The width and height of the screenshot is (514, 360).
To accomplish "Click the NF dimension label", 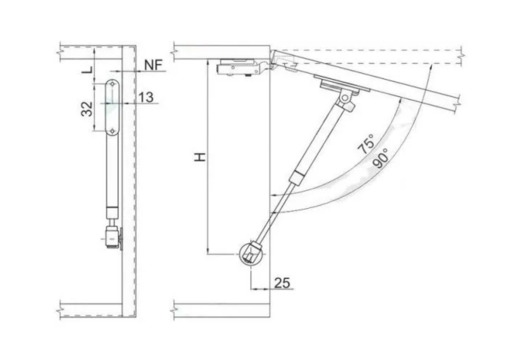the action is pyautogui.click(x=154, y=65).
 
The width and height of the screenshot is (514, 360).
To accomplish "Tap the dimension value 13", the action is pyautogui.click(x=145, y=97).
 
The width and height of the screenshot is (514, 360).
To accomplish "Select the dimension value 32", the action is pyautogui.click(x=86, y=109).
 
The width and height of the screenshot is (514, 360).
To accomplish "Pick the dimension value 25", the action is pyautogui.click(x=282, y=282).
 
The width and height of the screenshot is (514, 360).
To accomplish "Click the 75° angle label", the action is pyautogui.click(x=366, y=143).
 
